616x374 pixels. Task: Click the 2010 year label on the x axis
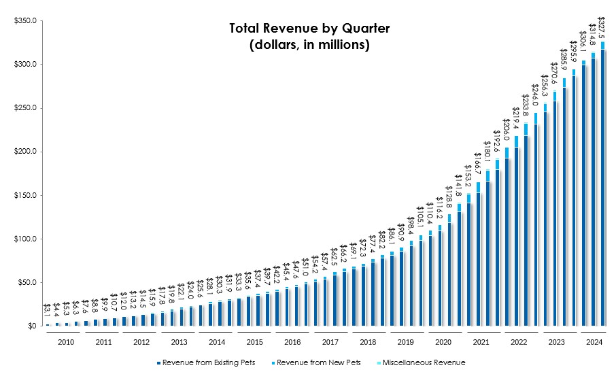[65, 342]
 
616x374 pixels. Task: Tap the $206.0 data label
[506, 129]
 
